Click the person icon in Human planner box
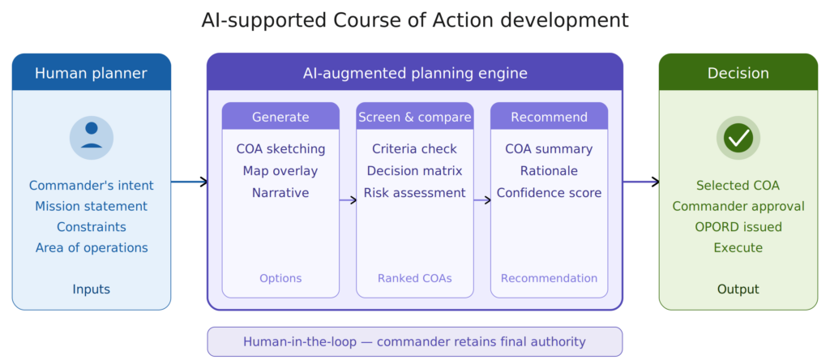click(92, 138)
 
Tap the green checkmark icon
click(738, 138)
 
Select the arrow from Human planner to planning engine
click(189, 182)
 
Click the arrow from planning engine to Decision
click(641, 182)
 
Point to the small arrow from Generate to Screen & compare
click(348, 200)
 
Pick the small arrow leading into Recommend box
click(482, 200)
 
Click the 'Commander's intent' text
click(92, 186)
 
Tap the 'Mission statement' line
click(92, 207)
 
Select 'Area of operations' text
click(92, 248)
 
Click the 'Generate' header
click(280, 117)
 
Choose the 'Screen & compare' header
click(415, 117)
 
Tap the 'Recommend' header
click(549, 117)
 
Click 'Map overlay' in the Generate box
click(280, 171)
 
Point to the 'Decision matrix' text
click(414, 171)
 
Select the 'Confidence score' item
click(549, 193)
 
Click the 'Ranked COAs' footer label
click(415, 278)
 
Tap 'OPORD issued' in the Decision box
click(738, 227)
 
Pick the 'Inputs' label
click(92, 289)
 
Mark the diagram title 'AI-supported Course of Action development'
click(415, 20)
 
